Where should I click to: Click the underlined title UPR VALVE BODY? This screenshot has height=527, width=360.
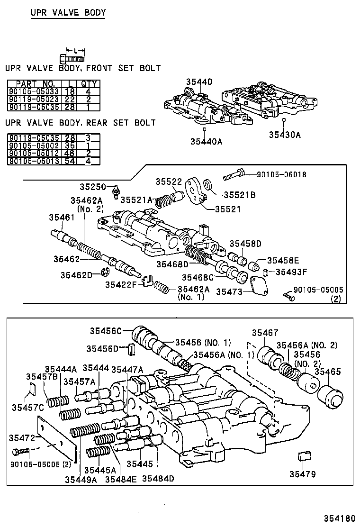[x=68, y=13]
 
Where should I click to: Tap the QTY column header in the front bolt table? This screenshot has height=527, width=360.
[x=89, y=83]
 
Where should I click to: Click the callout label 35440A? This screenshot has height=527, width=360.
[x=207, y=141]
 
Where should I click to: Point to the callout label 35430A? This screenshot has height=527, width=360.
[x=285, y=135]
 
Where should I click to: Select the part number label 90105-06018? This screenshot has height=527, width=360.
[x=281, y=174]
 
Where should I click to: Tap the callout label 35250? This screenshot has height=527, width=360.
[x=92, y=187]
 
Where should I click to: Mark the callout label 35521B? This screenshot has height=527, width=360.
[x=239, y=194]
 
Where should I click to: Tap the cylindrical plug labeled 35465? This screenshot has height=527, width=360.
[x=330, y=396]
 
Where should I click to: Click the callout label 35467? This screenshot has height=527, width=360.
[x=265, y=333]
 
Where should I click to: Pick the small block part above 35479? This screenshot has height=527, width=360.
[x=303, y=456]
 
